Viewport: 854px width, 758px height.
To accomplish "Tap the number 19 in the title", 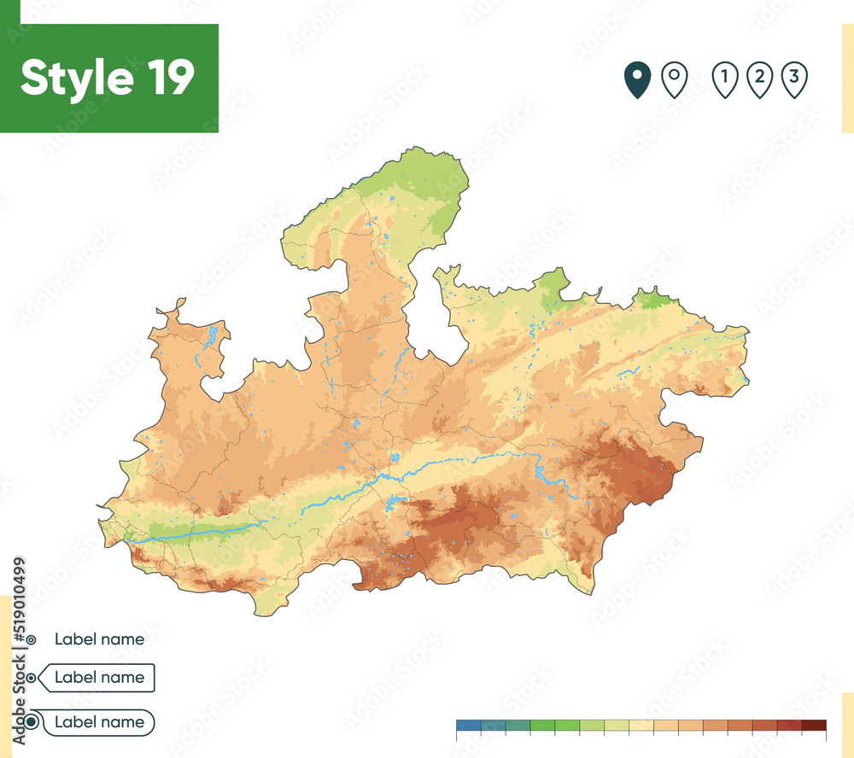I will click(x=167, y=79).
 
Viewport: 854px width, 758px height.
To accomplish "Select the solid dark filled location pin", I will click(x=637, y=80).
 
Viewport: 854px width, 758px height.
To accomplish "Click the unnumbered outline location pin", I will click(x=675, y=80).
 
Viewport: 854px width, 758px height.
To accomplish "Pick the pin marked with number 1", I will click(x=724, y=80).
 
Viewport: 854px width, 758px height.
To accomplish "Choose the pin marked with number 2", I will click(x=759, y=80).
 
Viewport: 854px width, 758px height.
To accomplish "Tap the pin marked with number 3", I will click(x=794, y=80).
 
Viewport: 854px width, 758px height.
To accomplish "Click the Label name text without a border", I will click(x=99, y=638).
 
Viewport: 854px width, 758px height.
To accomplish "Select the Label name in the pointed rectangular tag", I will click(x=99, y=678).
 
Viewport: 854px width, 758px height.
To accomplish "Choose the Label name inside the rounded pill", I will click(x=99, y=722).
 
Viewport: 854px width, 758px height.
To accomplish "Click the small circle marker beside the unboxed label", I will click(x=32, y=639).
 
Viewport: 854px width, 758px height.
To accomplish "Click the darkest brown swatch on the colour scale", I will click(x=814, y=726).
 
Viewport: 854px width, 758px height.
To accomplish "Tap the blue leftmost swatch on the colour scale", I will click(x=469, y=726).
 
